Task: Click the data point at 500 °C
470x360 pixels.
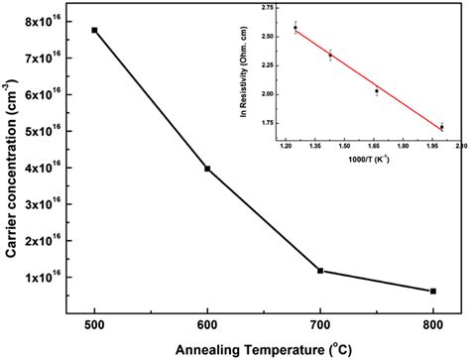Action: pos(94,30)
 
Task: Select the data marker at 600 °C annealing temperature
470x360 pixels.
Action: pos(207,169)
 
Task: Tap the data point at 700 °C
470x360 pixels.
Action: pos(320,270)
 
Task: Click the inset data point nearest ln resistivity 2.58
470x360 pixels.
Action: pos(294,28)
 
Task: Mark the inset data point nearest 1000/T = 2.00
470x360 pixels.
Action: pos(441,127)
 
